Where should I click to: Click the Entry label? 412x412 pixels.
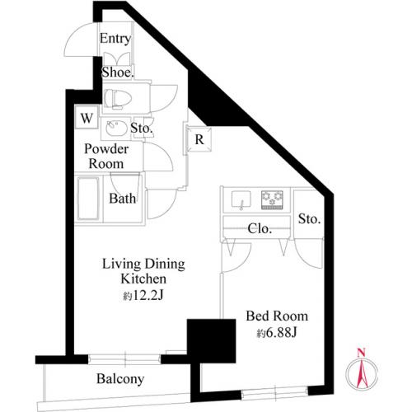point(115,39)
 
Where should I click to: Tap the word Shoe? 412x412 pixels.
point(118,73)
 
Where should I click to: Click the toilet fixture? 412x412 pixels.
point(118,99)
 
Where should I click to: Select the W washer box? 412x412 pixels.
point(87,118)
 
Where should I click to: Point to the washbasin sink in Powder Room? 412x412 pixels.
point(116,128)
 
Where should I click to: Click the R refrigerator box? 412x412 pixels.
point(199,139)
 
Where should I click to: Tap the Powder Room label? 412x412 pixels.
point(106,157)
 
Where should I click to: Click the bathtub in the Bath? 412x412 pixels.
point(88,199)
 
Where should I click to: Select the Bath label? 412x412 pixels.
point(123,199)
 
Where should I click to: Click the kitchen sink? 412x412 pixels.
point(241,199)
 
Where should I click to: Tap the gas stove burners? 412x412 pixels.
point(272,199)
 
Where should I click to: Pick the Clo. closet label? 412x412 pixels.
point(260,228)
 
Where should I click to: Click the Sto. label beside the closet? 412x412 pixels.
point(310,219)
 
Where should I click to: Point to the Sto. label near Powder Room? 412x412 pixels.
point(142,128)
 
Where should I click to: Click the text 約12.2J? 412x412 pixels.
point(143,296)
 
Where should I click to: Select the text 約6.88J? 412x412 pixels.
point(277,333)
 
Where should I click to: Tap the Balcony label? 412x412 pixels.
point(120,379)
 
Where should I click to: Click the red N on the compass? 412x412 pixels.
point(362,353)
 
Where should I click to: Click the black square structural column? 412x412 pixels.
point(211,341)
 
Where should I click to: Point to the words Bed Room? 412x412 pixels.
point(277,316)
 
